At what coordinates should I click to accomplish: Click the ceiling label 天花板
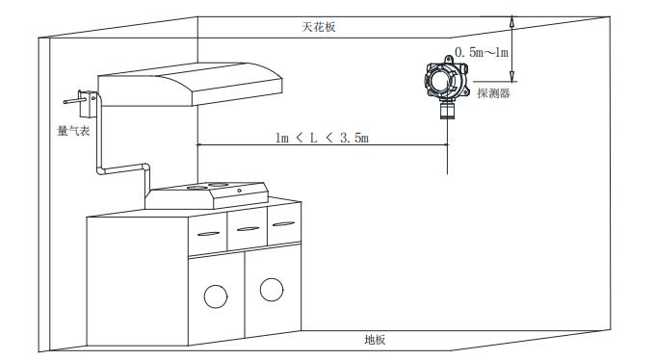(319, 27)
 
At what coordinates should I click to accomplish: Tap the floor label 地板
(375, 340)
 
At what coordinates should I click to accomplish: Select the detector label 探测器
(494, 92)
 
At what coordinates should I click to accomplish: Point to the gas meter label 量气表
(73, 131)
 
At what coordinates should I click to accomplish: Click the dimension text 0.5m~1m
(482, 53)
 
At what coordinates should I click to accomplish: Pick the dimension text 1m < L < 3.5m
(322, 138)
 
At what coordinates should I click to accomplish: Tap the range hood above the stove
(190, 84)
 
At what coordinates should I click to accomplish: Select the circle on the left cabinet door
(216, 296)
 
